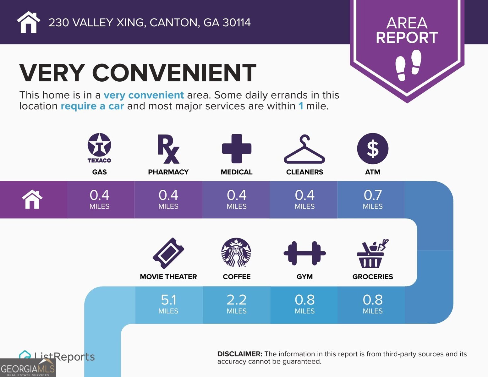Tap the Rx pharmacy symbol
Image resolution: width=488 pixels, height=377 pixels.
point(168,149)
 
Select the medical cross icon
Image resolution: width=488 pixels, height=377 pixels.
point(237,149)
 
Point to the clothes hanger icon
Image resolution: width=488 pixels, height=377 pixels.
point(304,150)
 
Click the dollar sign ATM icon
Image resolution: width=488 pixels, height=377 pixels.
point(373,149)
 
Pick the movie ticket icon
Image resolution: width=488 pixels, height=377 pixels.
point(168,253)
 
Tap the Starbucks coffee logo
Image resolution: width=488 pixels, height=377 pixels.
point(236,253)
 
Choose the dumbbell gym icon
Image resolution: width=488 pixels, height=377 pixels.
point(304,253)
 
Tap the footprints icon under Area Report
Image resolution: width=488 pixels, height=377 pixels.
point(408,65)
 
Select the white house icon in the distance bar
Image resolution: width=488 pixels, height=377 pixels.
point(32,199)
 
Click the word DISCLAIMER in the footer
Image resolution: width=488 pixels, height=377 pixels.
point(239,354)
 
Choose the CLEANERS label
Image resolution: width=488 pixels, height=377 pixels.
point(304,172)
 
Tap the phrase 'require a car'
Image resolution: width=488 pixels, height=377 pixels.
point(92,106)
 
